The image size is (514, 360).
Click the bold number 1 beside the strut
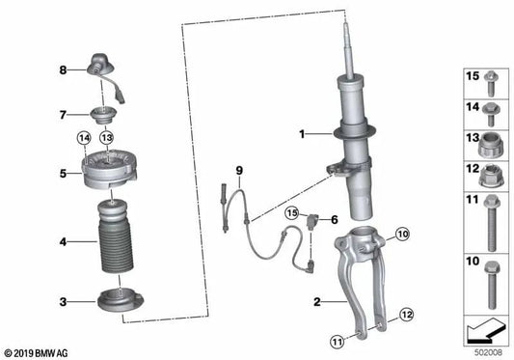pyautogui.click(x=301, y=135)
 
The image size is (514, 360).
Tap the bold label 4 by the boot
pyautogui.click(x=63, y=241)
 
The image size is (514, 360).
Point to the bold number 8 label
pyautogui.click(x=63, y=69)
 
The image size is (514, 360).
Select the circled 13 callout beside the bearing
pyautogui.click(x=108, y=139)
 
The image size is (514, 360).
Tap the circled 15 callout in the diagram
pyautogui.click(x=291, y=211)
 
